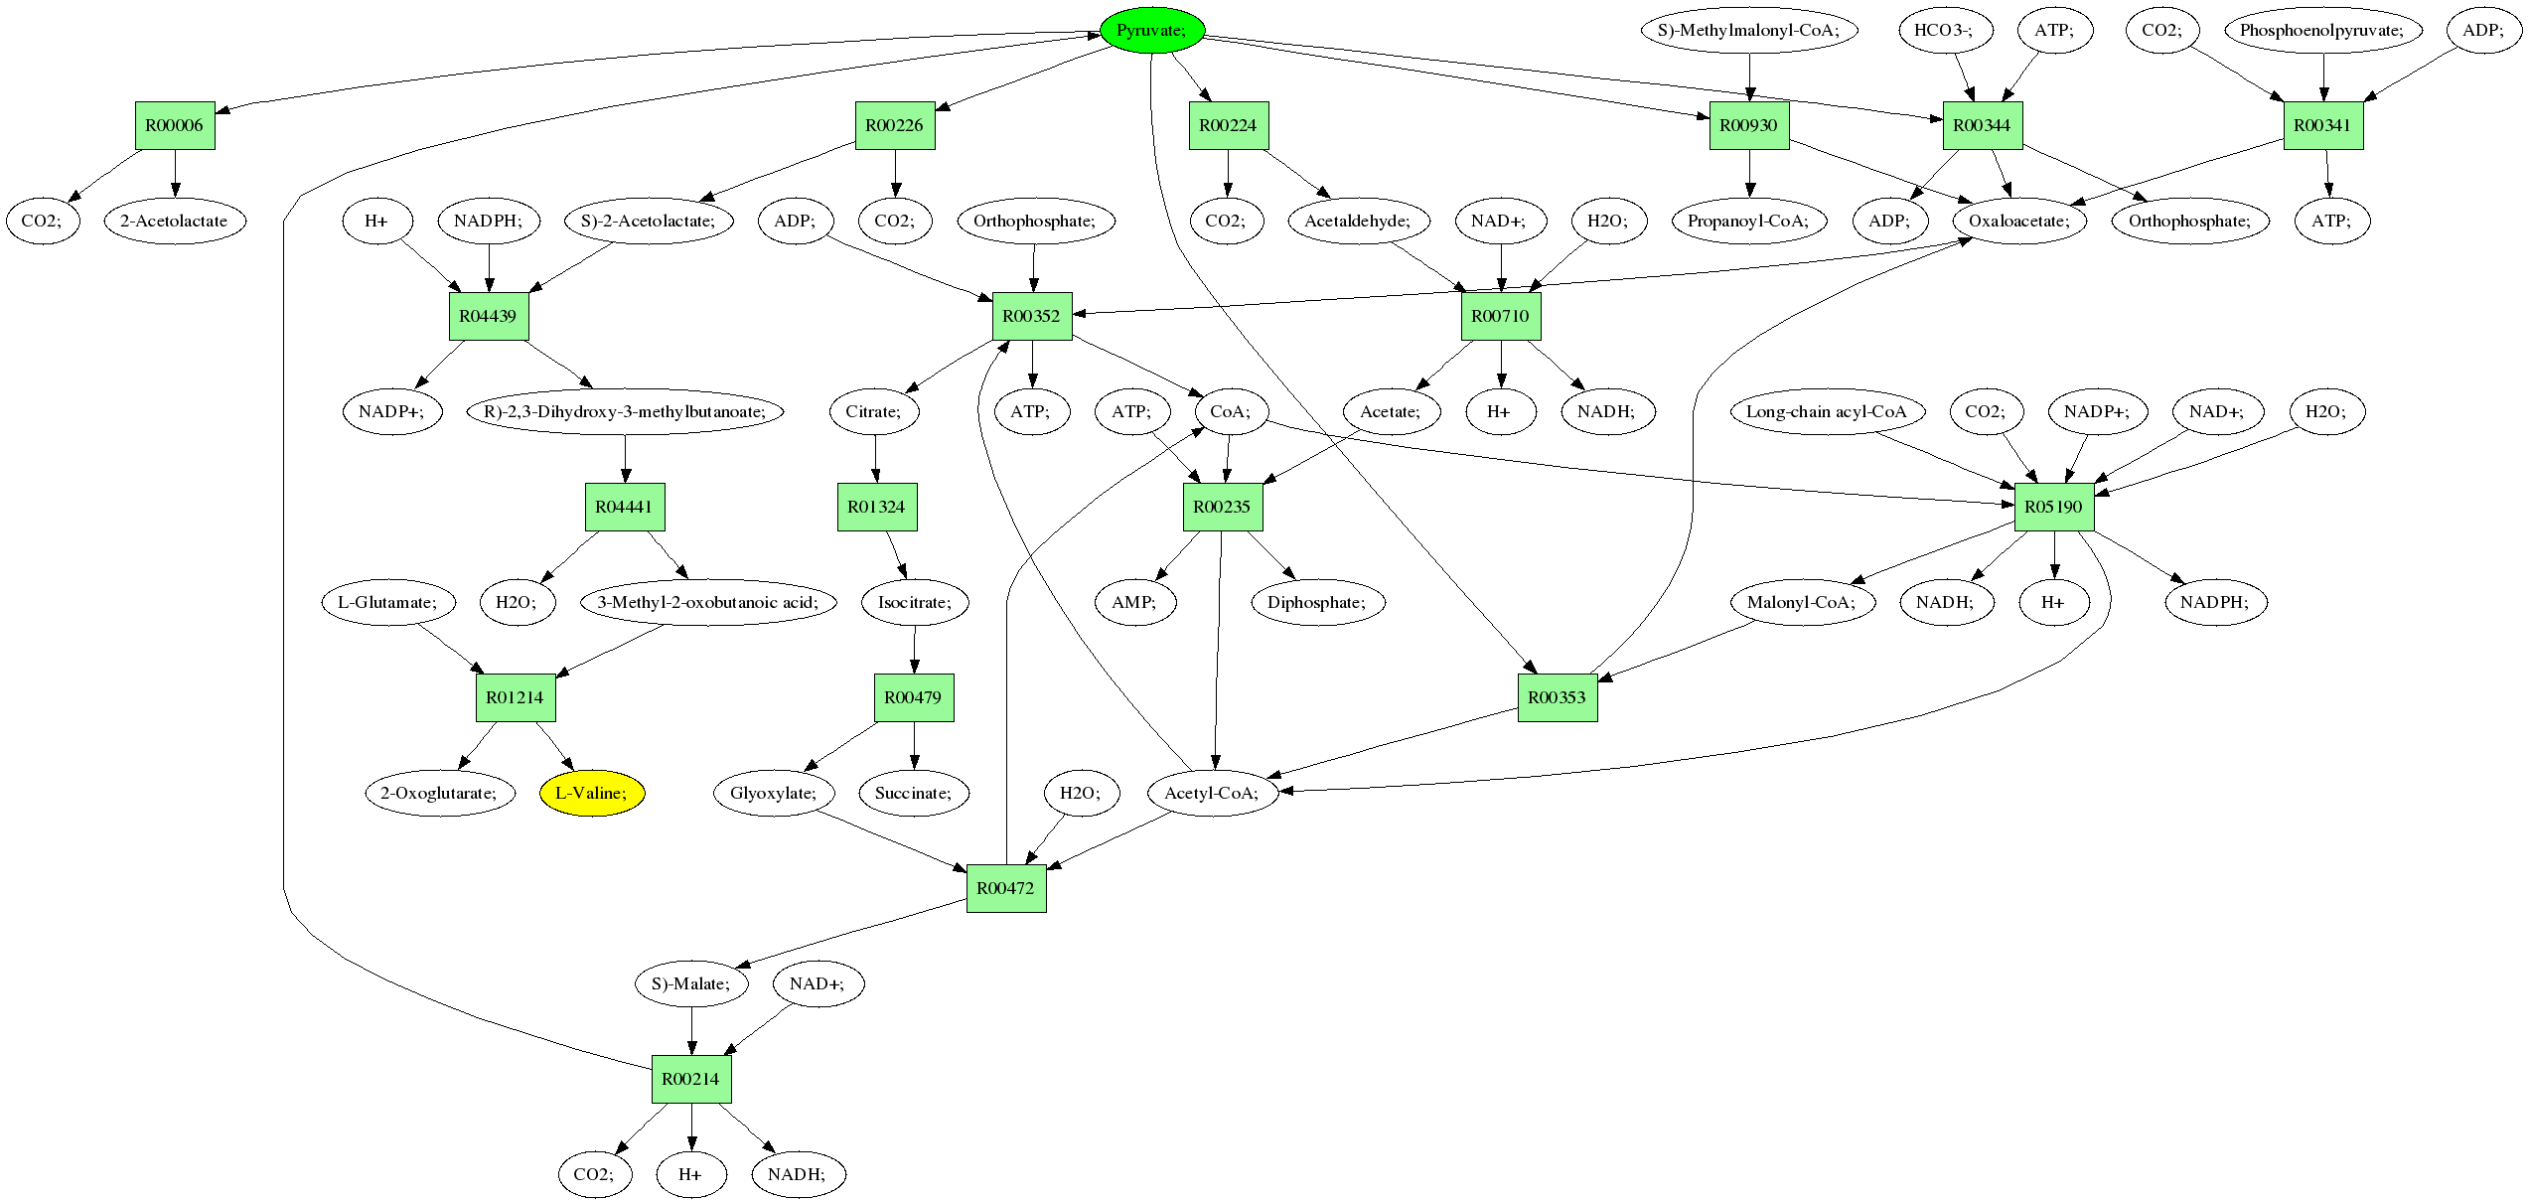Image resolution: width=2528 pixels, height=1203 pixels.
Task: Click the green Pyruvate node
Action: click(x=1152, y=30)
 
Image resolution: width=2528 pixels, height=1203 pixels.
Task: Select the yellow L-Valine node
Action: click(x=592, y=793)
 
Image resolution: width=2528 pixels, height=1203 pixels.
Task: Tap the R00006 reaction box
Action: click(x=175, y=125)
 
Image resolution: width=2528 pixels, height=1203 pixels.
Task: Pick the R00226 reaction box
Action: click(x=895, y=125)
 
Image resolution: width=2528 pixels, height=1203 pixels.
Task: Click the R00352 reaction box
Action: click(x=1032, y=316)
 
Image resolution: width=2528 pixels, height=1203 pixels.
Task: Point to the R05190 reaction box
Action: click(x=2054, y=507)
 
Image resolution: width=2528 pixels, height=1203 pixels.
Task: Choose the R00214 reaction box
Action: click(x=691, y=1079)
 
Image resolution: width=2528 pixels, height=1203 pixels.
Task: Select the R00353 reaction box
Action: click(x=1558, y=697)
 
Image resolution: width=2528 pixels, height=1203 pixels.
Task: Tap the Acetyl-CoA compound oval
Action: click(x=1212, y=793)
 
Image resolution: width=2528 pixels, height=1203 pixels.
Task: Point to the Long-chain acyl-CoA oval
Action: click(x=1827, y=411)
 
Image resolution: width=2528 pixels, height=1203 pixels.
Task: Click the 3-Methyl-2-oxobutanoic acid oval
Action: click(x=708, y=602)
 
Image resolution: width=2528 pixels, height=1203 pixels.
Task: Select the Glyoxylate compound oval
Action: click(x=774, y=793)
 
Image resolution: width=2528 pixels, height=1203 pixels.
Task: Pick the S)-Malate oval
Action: click(x=691, y=983)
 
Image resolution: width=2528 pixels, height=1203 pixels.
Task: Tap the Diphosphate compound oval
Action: click(x=1317, y=602)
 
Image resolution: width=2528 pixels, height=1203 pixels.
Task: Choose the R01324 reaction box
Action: click(x=877, y=507)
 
